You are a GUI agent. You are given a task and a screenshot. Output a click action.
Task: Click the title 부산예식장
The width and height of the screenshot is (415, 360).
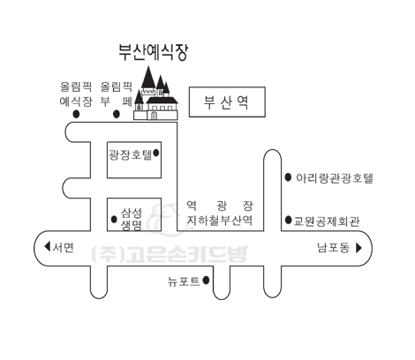click(153, 52)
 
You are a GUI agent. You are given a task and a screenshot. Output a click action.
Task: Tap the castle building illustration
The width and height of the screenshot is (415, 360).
click(156, 94)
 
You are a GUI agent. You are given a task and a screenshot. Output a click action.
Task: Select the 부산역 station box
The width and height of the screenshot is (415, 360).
click(227, 101)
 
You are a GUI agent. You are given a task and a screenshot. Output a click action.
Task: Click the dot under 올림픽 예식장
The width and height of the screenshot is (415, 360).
click(76, 114)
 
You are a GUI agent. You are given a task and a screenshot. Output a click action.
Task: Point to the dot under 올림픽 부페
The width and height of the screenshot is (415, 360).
click(117, 114)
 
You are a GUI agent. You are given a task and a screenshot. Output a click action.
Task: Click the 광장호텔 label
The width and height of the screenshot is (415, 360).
click(131, 154)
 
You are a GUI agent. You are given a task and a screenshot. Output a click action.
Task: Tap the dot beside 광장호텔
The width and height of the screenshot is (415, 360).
click(156, 153)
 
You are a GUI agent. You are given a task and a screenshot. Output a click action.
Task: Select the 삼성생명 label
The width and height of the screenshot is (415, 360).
click(132, 219)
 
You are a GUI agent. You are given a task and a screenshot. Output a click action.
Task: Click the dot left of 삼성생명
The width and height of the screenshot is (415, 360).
click(114, 219)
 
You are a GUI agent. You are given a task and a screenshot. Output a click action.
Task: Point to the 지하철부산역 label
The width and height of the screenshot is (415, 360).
click(220, 220)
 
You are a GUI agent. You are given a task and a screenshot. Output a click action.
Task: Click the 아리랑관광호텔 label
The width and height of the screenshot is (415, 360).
click(335, 178)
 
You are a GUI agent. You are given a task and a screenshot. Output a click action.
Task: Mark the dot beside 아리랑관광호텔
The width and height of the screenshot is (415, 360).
click(289, 177)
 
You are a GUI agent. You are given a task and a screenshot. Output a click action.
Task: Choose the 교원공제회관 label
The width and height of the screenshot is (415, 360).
click(327, 221)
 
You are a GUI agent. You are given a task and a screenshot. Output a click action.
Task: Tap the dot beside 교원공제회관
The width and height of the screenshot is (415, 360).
click(289, 220)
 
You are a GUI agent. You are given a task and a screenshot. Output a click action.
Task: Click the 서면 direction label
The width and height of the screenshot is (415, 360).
click(63, 247)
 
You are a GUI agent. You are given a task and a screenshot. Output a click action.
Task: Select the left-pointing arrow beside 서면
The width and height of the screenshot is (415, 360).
click(47, 246)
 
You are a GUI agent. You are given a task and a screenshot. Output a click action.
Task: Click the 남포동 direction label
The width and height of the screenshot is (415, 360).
click(334, 248)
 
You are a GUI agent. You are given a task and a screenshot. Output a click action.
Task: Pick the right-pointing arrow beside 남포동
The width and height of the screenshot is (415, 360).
click(358, 248)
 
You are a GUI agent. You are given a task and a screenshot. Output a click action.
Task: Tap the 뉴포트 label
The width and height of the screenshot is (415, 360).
click(184, 281)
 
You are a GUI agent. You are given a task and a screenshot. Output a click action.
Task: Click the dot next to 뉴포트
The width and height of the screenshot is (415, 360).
click(206, 281)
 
